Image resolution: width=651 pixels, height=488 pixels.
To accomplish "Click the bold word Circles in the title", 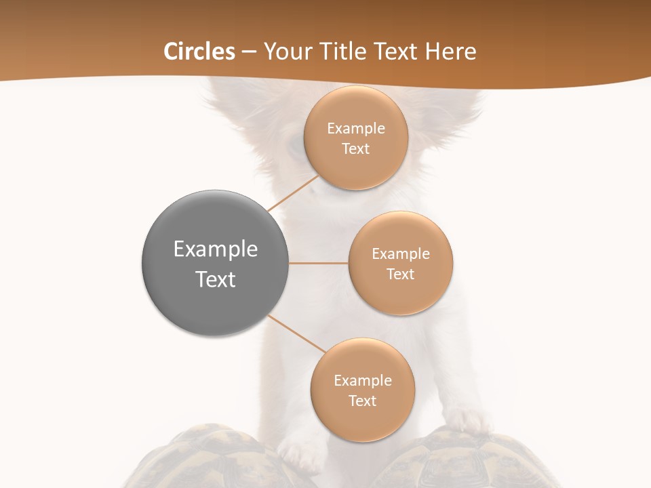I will pyautogui.click(x=199, y=52).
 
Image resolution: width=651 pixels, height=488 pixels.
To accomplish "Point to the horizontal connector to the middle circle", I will pyautogui.click(x=319, y=263).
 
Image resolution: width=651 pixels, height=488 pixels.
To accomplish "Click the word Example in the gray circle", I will pyautogui.click(x=215, y=249).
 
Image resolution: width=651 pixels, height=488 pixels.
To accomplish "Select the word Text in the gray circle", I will pyautogui.click(x=215, y=279).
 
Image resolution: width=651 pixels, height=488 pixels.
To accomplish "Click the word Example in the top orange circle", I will pyautogui.click(x=355, y=128).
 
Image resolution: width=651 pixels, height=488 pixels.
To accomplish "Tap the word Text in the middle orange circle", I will pyautogui.click(x=400, y=274).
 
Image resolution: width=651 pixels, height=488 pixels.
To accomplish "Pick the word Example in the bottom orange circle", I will pyautogui.click(x=362, y=380).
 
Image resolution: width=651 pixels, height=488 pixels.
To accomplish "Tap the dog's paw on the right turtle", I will pyautogui.click(x=471, y=421).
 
